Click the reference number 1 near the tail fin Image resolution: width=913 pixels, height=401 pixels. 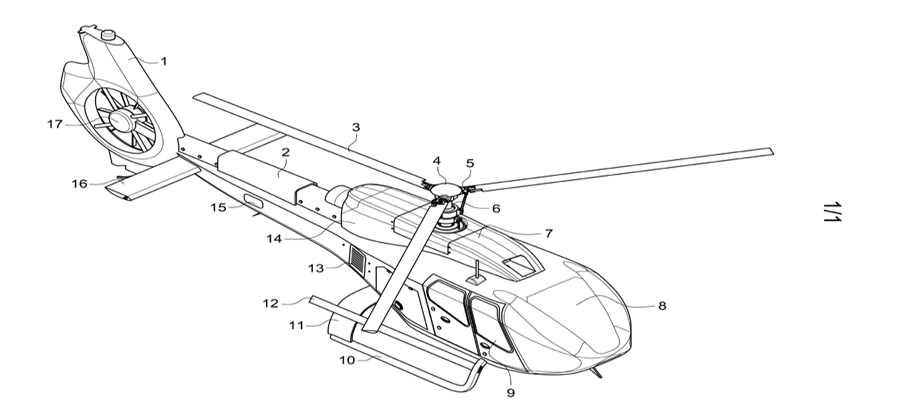[x=163, y=61]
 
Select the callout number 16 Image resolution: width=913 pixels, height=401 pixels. [x=80, y=183]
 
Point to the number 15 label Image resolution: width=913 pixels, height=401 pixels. [x=218, y=207]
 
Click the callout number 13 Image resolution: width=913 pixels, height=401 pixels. [x=315, y=268]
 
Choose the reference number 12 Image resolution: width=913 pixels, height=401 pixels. [x=270, y=302]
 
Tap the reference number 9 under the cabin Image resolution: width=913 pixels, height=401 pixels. [x=511, y=392]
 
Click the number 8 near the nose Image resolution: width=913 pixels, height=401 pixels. [x=662, y=306]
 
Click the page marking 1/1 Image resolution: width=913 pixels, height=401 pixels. [x=832, y=211]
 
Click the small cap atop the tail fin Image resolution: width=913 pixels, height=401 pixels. [x=107, y=34]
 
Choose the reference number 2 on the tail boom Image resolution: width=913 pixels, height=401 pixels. [x=285, y=152]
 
